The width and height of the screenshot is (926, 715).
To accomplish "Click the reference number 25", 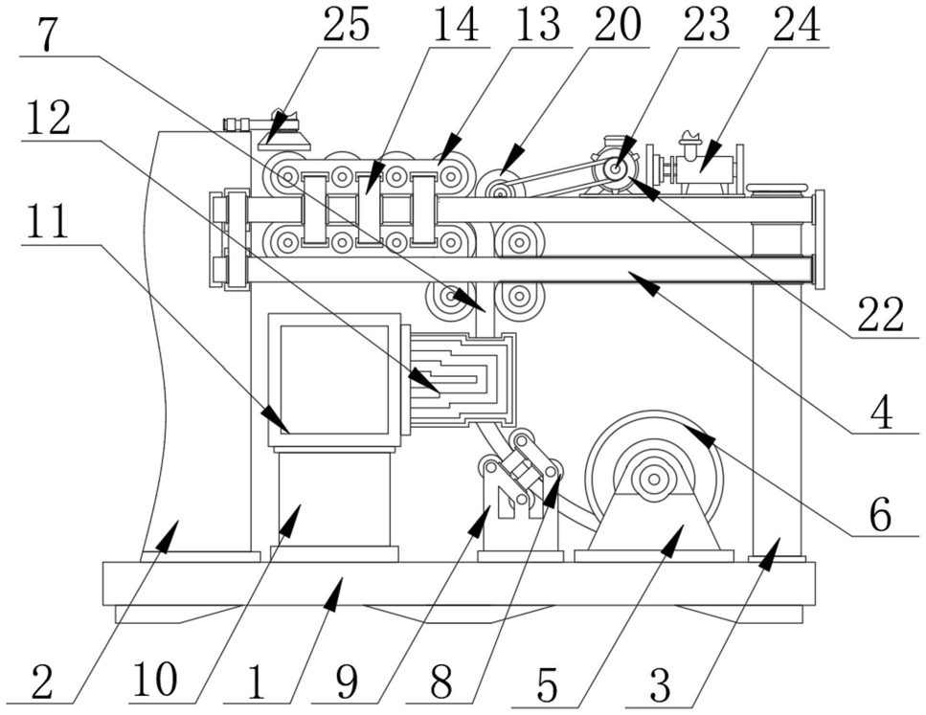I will [x=346, y=26].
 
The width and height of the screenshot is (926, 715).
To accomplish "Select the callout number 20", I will [x=617, y=26].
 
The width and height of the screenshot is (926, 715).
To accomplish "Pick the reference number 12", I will [x=47, y=120].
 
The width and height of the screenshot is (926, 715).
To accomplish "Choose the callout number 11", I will [x=47, y=223].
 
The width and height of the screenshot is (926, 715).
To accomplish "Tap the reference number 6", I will [x=881, y=514].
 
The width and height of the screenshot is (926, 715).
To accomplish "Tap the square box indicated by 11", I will [x=333, y=379].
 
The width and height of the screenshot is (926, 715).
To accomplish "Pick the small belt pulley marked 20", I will [x=499, y=188].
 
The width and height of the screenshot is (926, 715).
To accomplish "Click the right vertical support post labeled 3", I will [x=777, y=402].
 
